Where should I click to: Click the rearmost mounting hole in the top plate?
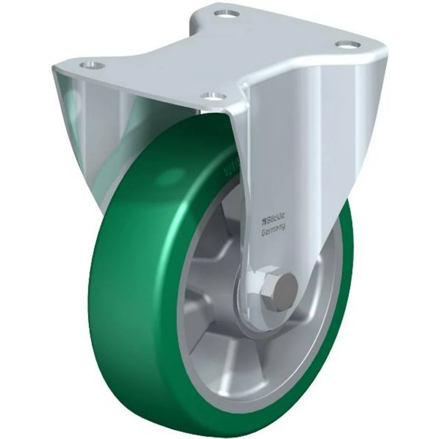click(x=227, y=13)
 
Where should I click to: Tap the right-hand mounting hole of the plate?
click(x=348, y=44)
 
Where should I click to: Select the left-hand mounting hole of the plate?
click(x=92, y=65)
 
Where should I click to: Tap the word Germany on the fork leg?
click(x=273, y=230)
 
